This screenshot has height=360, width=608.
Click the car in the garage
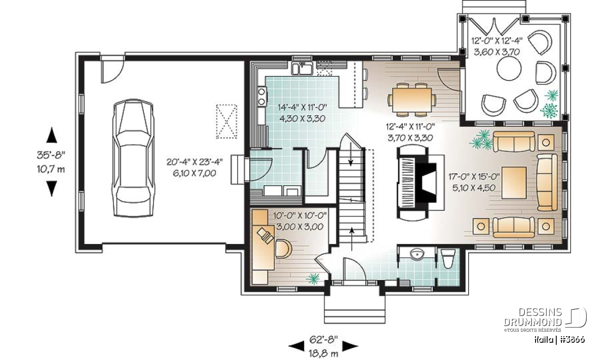(133, 158)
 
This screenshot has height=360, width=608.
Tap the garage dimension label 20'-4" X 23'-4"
(195, 162)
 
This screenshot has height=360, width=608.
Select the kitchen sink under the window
(302, 68)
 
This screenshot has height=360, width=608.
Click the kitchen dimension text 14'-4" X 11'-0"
(302, 107)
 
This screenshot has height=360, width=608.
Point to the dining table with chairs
(412, 100)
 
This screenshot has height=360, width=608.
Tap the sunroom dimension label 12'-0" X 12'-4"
(497, 41)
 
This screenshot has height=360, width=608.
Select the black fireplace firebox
(427, 182)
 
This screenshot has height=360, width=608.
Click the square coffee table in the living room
(514, 183)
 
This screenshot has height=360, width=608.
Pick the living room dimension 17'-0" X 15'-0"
(474, 177)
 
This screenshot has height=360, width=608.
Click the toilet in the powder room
(447, 259)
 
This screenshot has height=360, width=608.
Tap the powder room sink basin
(416, 255)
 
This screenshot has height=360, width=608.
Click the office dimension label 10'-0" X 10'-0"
(299, 216)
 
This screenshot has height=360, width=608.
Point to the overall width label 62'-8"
(324, 340)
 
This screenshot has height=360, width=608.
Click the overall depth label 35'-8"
(51, 155)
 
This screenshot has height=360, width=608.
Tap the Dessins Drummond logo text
(533, 317)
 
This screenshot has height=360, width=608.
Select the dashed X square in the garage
(226, 122)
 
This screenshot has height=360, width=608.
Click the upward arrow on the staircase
(352, 238)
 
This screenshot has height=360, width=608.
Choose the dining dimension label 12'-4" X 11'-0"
(410, 127)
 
